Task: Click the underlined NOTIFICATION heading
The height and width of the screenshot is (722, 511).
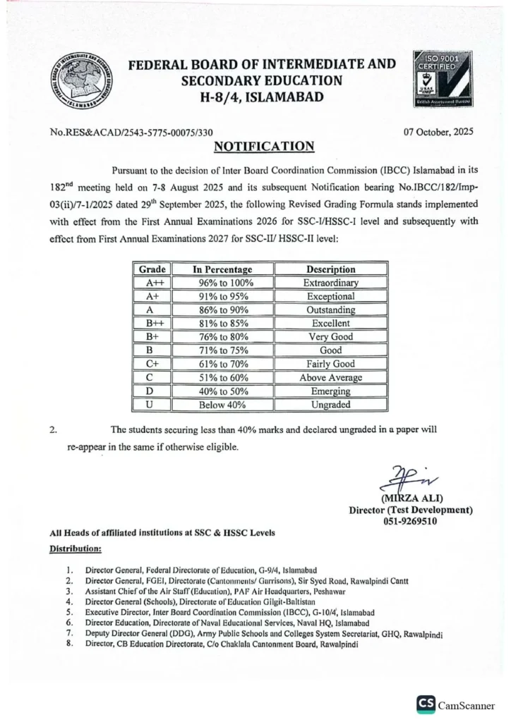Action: (x=264, y=147)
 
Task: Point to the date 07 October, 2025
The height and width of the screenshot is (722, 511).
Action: (x=438, y=132)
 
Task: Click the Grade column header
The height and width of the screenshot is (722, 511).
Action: (x=152, y=269)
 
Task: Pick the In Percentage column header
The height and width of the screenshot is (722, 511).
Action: (x=222, y=269)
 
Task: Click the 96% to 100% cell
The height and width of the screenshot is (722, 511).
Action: (x=222, y=283)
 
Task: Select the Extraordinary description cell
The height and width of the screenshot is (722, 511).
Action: (x=330, y=283)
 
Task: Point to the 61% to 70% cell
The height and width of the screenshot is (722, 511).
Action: (x=222, y=365)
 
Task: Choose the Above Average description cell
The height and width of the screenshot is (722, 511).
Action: (x=330, y=378)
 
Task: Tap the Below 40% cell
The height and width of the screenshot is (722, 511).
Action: (x=222, y=405)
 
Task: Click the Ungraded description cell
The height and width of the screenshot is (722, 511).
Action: (x=330, y=405)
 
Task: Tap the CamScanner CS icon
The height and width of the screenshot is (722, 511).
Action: (x=426, y=704)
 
